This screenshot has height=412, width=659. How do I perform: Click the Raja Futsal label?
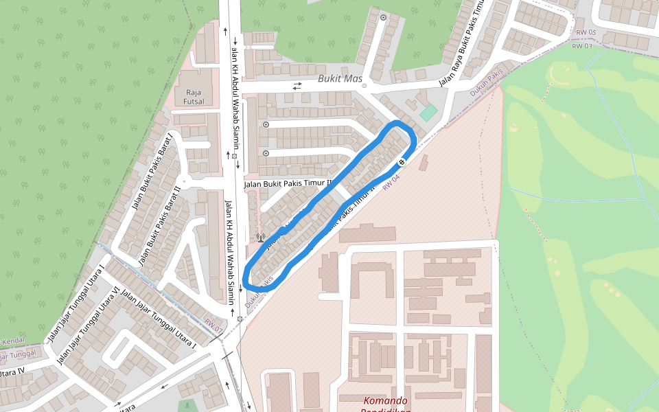coord(194,97)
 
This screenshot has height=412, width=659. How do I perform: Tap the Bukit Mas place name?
coord(339,79)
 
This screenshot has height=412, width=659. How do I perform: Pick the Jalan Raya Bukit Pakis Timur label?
coord(463,41)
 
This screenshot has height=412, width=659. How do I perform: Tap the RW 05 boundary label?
coord(586,33)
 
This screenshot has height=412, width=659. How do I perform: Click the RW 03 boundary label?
coord(581,46)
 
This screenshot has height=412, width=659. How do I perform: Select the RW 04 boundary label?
coord(391,182)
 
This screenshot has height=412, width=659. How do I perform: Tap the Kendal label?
coord(13,341)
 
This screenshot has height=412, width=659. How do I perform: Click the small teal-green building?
coord(428,113)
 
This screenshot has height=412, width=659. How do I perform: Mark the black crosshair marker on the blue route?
coord(402,161)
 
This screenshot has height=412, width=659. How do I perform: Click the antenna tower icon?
coord(260,238)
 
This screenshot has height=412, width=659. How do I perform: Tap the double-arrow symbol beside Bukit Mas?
coord(297,86)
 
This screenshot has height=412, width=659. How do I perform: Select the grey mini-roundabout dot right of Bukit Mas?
coord(365,86)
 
